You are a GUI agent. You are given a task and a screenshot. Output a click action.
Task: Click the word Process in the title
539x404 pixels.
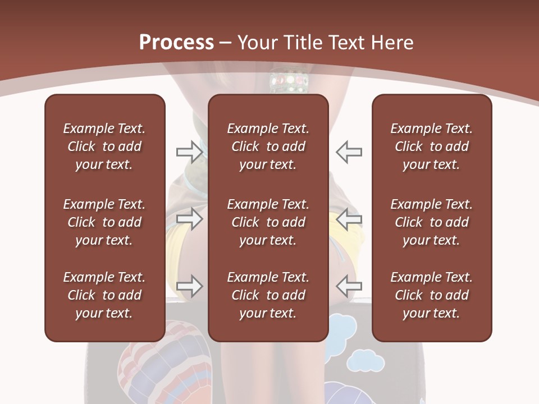pyautogui.click(x=176, y=43)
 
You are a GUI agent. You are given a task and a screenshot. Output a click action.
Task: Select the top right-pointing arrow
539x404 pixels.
pyautogui.click(x=190, y=151)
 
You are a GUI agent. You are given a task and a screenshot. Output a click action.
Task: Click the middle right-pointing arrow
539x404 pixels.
pyautogui.click(x=190, y=219)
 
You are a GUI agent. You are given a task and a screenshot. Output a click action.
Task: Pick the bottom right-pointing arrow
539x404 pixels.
pyautogui.click(x=190, y=286)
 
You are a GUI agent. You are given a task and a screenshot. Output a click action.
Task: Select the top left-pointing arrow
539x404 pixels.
pyautogui.click(x=349, y=151)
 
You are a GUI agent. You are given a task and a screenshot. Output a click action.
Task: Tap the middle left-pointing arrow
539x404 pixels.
pyautogui.click(x=349, y=219)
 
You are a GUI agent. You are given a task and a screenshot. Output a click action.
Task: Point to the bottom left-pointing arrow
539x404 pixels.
pyautogui.click(x=349, y=286)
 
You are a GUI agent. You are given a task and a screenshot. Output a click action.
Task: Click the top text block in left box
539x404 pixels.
pyautogui.click(x=104, y=146)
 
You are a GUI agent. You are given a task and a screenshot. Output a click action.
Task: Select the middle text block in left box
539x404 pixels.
pyautogui.click(x=104, y=222)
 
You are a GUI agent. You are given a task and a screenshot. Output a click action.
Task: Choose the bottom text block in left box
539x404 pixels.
pyautogui.click(x=104, y=295)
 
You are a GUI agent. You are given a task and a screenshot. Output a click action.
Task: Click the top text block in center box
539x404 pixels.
pyautogui.click(x=268, y=146)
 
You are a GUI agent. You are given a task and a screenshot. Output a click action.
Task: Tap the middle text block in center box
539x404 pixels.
pyautogui.click(x=268, y=222)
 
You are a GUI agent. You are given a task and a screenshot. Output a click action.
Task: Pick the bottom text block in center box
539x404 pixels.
pyautogui.click(x=268, y=295)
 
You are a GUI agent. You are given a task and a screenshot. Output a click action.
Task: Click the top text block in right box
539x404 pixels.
pyautogui.click(x=432, y=146)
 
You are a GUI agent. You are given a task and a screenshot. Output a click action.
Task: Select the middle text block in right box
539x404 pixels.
pyautogui.click(x=432, y=222)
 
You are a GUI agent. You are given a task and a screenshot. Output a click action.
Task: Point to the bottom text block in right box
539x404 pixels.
pyautogui.click(x=432, y=295)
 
